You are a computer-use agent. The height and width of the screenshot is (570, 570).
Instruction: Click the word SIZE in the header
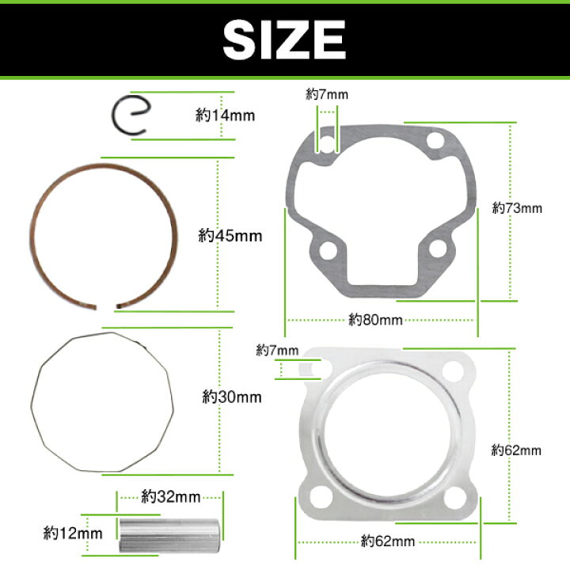tap(284, 40)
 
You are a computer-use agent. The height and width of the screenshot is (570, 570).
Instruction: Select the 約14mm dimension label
tap(225, 116)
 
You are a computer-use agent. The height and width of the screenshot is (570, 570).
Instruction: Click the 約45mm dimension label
tap(230, 236)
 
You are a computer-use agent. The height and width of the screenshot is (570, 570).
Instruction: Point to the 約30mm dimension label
tap(231, 397)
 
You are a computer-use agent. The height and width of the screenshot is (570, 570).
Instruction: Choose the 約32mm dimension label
tap(170, 496)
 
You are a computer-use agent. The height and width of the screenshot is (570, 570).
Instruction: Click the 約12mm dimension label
tap(73, 534)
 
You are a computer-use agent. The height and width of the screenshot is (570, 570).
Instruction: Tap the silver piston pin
tap(169, 536)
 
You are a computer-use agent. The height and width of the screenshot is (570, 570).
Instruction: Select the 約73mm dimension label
tap(517, 208)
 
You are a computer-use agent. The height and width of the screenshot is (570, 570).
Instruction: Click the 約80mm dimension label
tap(375, 320)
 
